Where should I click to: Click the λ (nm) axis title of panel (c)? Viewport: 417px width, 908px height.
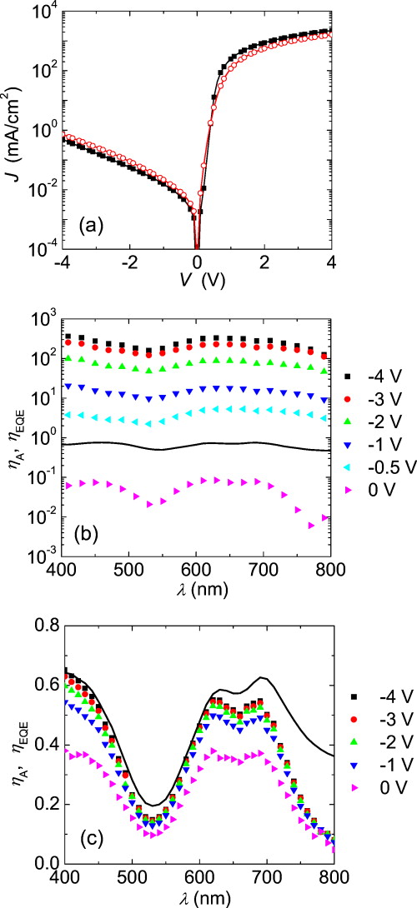click(196, 896)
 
